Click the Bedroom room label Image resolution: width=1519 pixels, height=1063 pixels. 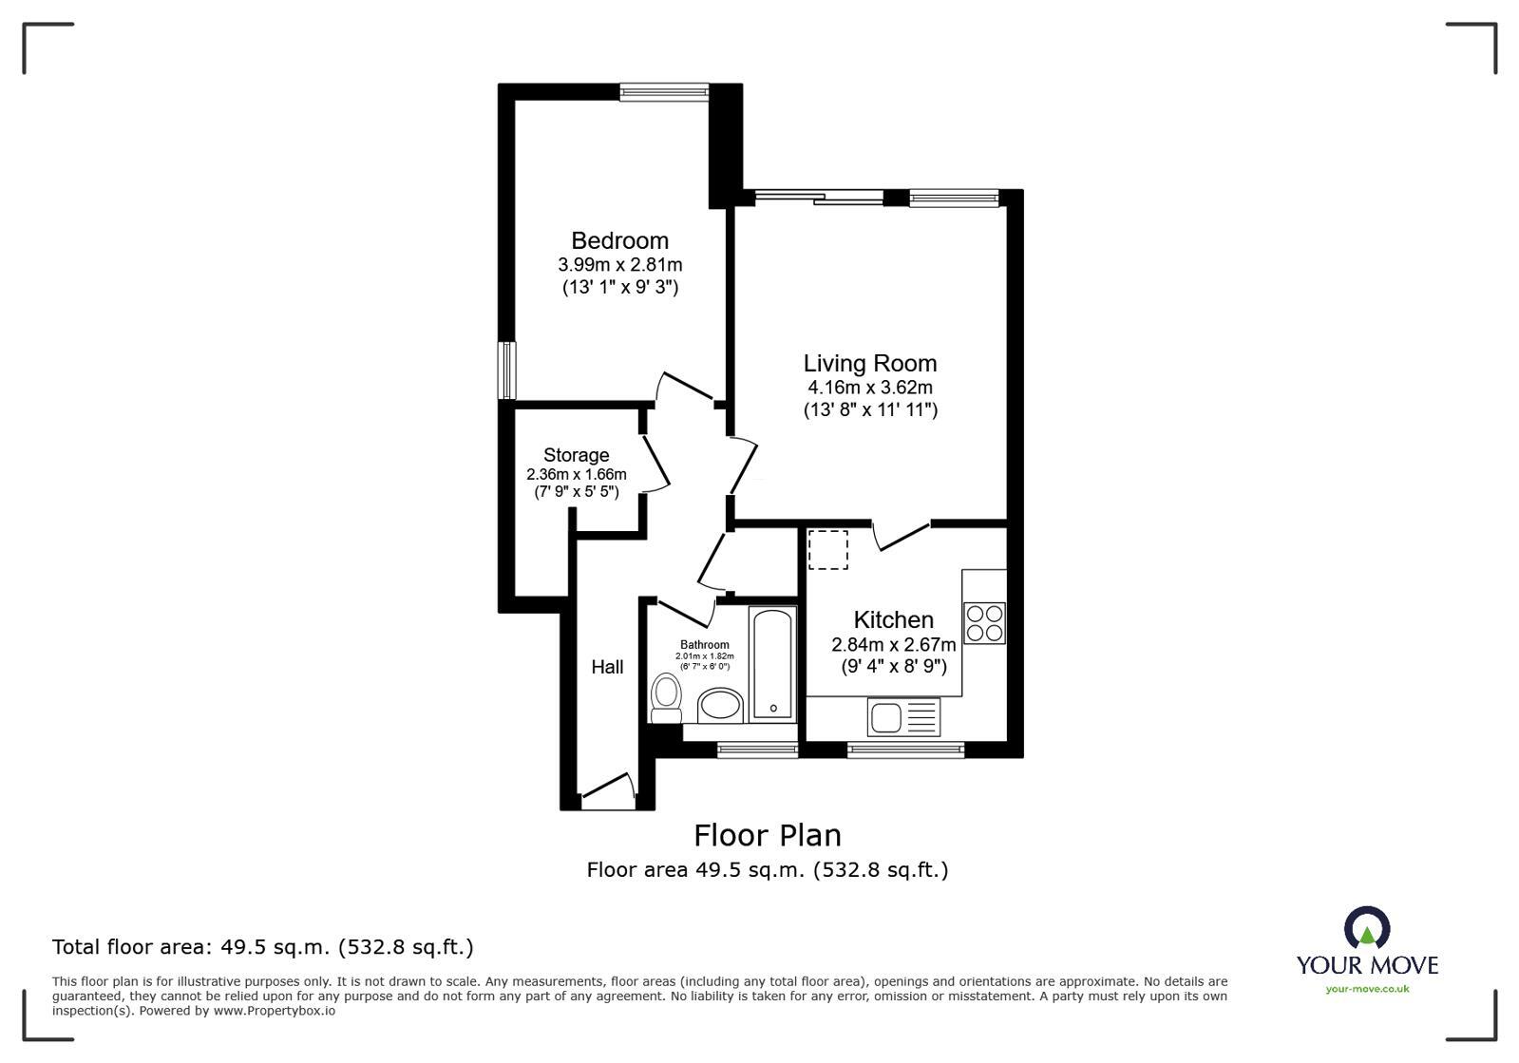pyautogui.click(x=619, y=240)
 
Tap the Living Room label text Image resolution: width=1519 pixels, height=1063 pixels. pyautogui.click(x=869, y=363)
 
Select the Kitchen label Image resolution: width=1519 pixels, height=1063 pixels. pyautogui.click(x=893, y=620)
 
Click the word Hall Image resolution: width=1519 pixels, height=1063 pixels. pyautogui.click(x=607, y=667)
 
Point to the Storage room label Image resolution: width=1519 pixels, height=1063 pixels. pyautogui.click(x=576, y=455)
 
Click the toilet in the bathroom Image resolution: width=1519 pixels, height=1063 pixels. pyautogui.click(x=666, y=698)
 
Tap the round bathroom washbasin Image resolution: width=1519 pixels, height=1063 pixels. pyautogui.click(x=720, y=707)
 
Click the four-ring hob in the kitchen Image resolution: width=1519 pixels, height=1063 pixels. pyautogui.click(x=984, y=622)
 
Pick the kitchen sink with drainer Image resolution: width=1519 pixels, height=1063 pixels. pyautogui.click(x=902, y=716)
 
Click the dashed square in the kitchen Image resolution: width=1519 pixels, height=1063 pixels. pyautogui.click(x=827, y=550)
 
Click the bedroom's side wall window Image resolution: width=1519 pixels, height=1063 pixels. pyautogui.click(x=509, y=370)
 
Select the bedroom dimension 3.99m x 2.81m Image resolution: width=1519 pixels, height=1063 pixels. pyautogui.click(x=619, y=264)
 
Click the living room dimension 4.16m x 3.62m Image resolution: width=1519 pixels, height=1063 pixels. pyautogui.click(x=869, y=387)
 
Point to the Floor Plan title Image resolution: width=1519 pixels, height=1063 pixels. pyautogui.click(x=767, y=835)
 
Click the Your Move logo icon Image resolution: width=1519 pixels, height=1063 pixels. pyautogui.click(x=1366, y=927)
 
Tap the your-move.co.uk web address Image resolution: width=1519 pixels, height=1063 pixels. pyautogui.click(x=1367, y=989)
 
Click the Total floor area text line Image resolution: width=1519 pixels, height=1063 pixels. pyautogui.click(x=262, y=947)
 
